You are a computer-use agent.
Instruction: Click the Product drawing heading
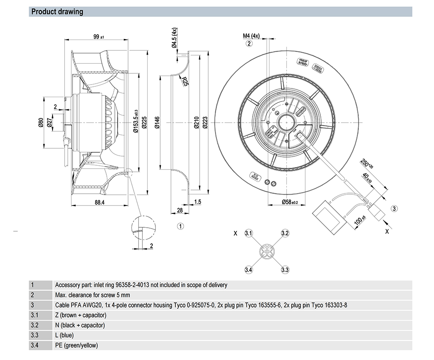click(57, 12)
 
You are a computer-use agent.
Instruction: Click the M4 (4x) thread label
click(251, 36)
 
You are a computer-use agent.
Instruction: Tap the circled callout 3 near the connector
click(395, 209)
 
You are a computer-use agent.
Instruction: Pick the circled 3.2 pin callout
click(285, 233)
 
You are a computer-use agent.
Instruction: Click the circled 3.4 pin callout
click(249, 270)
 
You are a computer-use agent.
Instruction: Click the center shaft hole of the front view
click(286, 121)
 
